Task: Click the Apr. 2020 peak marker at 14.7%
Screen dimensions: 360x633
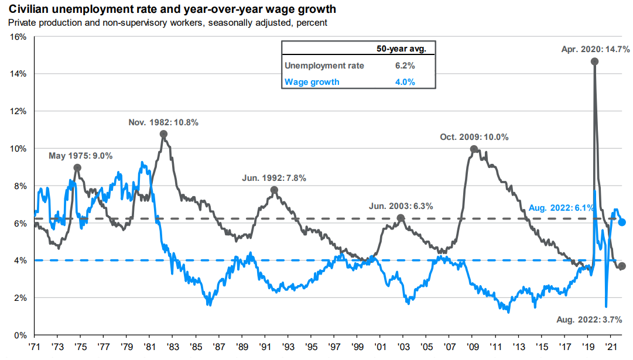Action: coord(595,61)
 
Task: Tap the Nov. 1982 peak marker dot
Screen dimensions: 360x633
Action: coord(163,134)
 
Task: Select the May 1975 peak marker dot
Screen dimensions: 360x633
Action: coord(77,167)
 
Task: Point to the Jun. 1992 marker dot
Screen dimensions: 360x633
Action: coord(274,190)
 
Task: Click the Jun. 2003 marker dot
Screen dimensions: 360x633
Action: coord(401,218)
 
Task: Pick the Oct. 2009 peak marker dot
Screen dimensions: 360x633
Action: coord(474,149)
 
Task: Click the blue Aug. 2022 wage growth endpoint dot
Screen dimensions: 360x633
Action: coord(622,222)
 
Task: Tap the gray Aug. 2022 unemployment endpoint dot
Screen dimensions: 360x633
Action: coord(622,266)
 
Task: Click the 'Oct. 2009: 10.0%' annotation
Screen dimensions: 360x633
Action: coord(474,137)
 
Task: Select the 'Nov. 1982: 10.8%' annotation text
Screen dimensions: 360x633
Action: coord(163,122)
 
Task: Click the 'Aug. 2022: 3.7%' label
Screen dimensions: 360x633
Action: coord(590,319)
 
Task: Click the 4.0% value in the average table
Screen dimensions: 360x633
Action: coord(405,82)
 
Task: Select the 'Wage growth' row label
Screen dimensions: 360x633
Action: coord(312,82)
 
